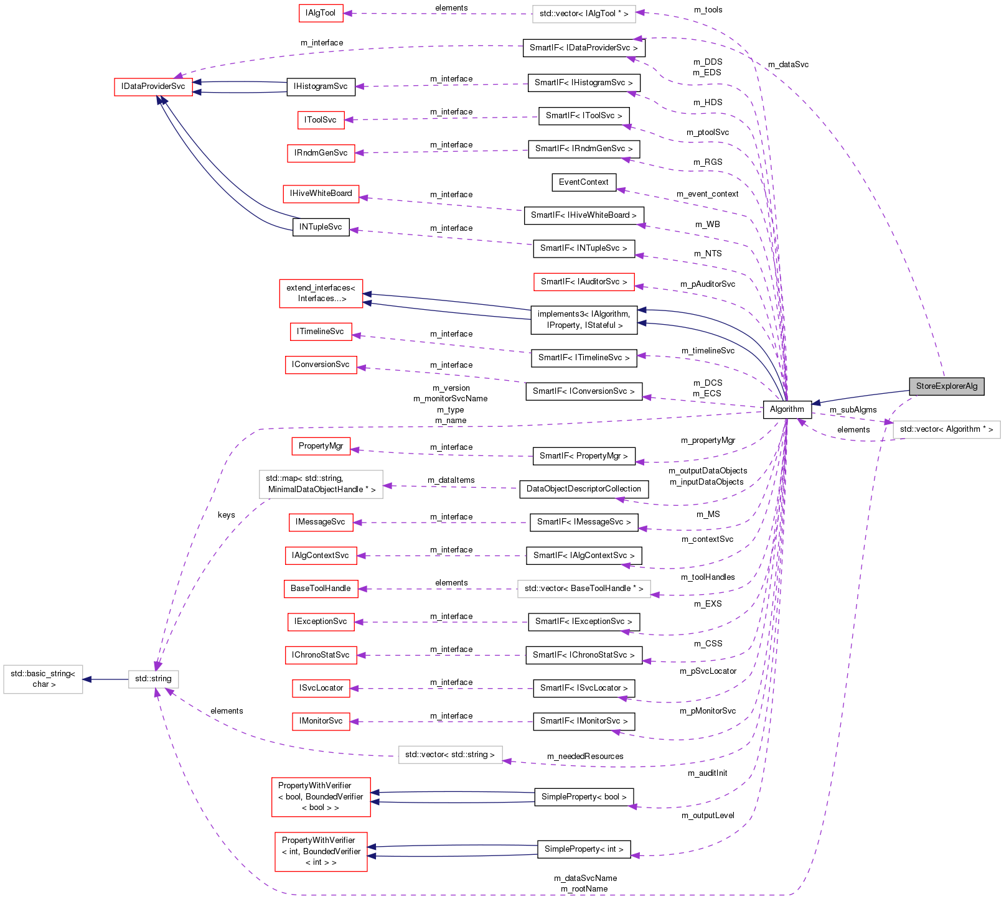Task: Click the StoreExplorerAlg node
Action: point(946,386)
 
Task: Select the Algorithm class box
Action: point(787,409)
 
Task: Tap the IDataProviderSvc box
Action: point(153,86)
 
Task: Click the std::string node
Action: point(153,679)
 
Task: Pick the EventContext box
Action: point(583,182)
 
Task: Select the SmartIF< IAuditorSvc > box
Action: point(584,282)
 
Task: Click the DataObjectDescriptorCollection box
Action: point(583,489)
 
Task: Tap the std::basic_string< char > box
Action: point(43,679)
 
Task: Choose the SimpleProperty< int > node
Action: point(583,849)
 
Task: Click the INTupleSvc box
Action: point(321,227)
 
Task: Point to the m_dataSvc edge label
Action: point(788,65)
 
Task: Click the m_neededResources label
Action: point(585,757)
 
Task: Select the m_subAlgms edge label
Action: point(853,410)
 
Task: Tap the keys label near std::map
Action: point(227,515)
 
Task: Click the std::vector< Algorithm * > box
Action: point(946,429)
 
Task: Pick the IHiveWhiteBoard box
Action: point(321,193)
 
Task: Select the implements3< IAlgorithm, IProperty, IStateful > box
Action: point(584,320)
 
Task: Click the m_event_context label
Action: point(707,194)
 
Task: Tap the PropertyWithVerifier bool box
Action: point(321,797)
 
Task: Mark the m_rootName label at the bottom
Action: point(584,889)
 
